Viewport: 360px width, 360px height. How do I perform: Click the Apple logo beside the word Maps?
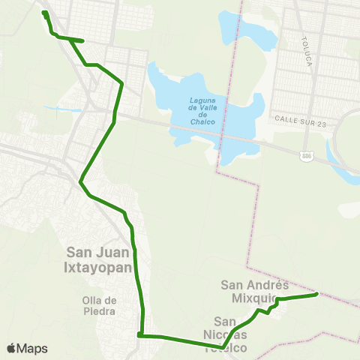tap(10, 349)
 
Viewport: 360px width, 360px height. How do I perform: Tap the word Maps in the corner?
tap(32, 349)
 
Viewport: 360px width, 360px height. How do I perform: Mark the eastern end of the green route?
tap(317, 294)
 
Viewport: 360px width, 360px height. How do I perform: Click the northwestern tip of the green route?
tap(44, 13)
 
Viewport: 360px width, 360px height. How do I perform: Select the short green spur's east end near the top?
tap(82, 40)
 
